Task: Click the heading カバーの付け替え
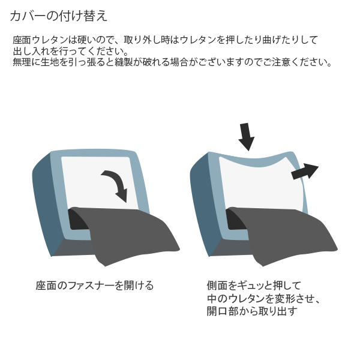click(x=59, y=16)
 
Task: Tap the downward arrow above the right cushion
click(x=246, y=137)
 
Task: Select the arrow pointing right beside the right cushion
click(x=305, y=172)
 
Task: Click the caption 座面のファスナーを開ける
click(x=95, y=286)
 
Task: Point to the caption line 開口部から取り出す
click(x=252, y=311)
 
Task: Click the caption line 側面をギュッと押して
click(x=254, y=286)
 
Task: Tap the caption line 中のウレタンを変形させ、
click(x=263, y=298)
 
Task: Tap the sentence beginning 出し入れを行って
click(x=71, y=51)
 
